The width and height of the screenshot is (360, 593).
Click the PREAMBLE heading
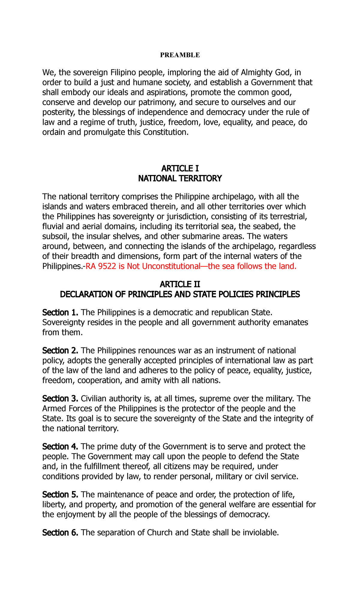point(180,55)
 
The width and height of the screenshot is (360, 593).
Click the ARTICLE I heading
point(180,168)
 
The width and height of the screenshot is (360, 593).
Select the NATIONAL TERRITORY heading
point(180,179)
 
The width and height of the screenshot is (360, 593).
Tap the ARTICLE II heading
point(180,284)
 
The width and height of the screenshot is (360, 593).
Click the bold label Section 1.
point(60,312)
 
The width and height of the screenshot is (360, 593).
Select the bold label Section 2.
point(60,351)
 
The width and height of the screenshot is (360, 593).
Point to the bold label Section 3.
point(60,399)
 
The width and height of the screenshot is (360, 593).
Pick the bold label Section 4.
point(60,447)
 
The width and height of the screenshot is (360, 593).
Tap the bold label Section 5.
point(60,495)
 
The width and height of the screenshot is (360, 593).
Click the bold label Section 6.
point(60,533)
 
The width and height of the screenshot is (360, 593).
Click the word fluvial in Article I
point(52,226)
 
